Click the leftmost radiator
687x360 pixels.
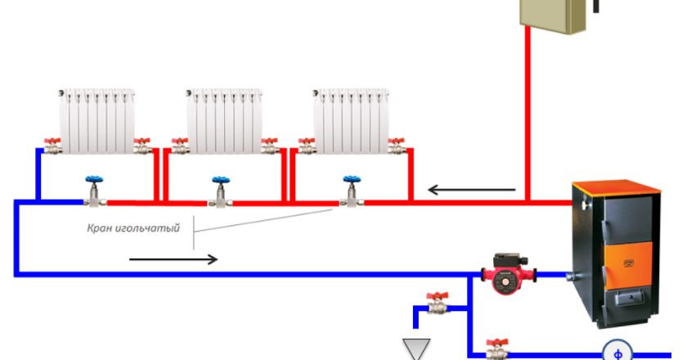[97, 121]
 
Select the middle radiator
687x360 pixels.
[222, 121]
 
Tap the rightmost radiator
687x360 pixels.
[350, 121]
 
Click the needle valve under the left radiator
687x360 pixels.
[94, 192]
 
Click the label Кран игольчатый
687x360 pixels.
[132, 228]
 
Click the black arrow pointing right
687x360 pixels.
[173, 259]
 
